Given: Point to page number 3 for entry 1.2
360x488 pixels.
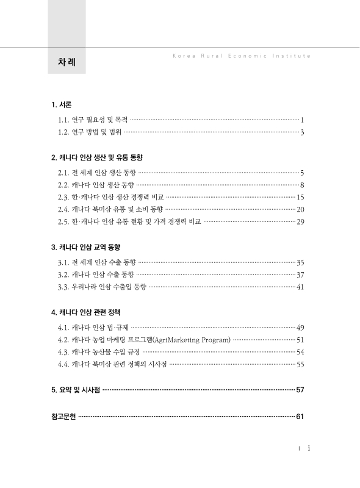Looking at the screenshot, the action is (x=302, y=132).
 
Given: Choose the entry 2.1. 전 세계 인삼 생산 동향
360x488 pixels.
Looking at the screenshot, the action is (x=97, y=173).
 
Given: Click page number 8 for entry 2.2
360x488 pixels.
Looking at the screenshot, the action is (x=302, y=185).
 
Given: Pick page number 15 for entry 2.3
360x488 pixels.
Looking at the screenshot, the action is (x=300, y=197).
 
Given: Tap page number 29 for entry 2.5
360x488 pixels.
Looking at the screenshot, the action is (x=300, y=221).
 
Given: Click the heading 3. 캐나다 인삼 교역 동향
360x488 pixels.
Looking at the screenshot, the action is (x=86, y=247).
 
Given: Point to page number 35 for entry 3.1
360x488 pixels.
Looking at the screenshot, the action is (x=300, y=262).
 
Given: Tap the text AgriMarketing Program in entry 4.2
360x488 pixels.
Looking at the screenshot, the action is (x=192, y=339).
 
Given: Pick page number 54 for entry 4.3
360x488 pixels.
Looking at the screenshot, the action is (x=300, y=352).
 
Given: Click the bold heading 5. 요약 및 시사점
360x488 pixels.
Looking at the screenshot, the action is (x=76, y=389).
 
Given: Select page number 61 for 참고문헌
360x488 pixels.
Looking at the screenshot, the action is (x=300, y=417).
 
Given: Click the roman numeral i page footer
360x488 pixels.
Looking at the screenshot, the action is (x=309, y=448).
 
